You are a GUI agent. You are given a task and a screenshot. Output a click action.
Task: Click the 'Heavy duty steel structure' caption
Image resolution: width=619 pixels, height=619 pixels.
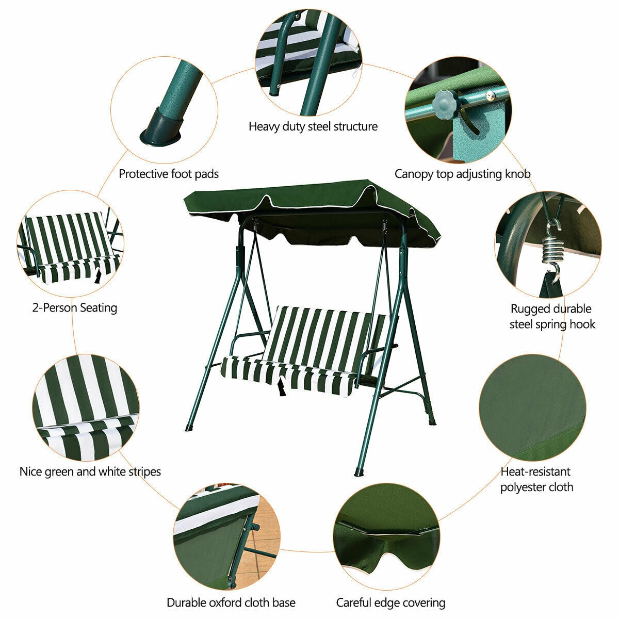tap(313, 126)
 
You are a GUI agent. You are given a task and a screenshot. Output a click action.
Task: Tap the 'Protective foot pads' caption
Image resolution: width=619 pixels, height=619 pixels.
tap(169, 174)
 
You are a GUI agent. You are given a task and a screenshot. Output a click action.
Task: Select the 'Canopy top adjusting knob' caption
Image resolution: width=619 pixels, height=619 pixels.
tap(462, 174)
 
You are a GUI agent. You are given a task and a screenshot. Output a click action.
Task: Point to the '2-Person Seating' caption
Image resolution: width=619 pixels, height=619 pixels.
tap(75, 308)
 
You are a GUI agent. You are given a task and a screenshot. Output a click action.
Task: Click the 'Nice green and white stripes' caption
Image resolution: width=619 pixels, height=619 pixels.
tap(90, 471)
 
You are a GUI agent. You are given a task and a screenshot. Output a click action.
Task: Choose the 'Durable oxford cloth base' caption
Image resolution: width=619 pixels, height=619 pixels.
tap(231, 602)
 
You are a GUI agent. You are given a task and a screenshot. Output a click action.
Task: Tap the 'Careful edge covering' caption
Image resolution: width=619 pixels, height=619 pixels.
tap(390, 602)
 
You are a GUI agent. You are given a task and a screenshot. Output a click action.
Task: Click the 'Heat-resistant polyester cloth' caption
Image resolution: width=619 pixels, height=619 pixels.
tap(536, 479)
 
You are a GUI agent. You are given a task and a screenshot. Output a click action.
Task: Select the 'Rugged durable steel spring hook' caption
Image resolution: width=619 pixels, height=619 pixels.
tap(552, 316)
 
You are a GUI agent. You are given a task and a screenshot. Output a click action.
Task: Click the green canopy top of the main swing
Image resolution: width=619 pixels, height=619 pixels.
tap(309, 199)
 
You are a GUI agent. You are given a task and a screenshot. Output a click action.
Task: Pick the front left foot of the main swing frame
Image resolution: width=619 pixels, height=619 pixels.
tap(189, 428)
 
